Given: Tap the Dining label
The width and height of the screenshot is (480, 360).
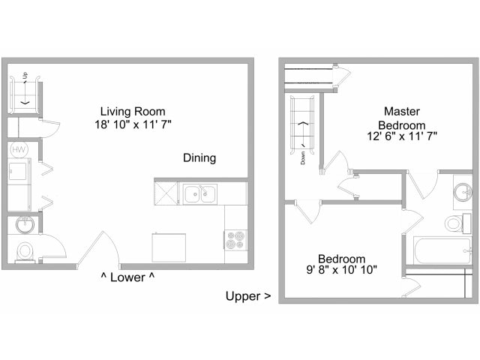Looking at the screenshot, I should coord(199,158).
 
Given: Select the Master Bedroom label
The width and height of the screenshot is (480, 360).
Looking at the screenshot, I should coord(401,118).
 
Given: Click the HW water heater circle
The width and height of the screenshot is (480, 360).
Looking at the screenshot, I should coord(18,149).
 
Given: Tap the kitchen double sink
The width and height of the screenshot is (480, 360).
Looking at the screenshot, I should coord(200,194).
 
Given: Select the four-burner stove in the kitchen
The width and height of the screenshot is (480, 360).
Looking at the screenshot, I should coord(235,240).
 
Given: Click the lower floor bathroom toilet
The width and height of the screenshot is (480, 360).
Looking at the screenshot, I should coord(25,250).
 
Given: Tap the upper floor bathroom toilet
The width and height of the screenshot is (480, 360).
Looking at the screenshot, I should coord(453,223).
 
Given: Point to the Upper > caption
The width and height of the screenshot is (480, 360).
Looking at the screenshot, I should coord(248,295).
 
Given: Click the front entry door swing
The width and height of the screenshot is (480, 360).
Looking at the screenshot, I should coord(97,251).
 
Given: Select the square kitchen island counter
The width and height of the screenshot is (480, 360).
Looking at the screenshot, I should coord(168,247).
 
